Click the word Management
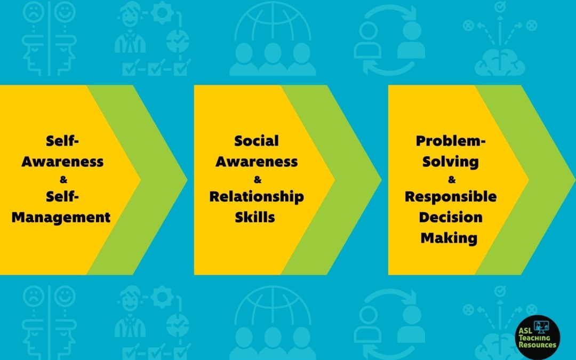[61, 218]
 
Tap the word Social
[257, 141]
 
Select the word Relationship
[257, 197]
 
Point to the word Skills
[255, 217]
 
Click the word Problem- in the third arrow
[451, 141]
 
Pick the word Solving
[450, 162]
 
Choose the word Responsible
[451, 196]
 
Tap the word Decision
[450, 217]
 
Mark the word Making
[449, 238]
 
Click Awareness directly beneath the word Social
[257, 162]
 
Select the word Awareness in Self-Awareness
[62, 162]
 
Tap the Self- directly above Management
[62, 196]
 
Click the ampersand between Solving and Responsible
[452, 180]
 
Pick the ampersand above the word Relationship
[258, 180]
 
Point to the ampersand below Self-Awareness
[63, 180]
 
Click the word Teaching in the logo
[534, 338]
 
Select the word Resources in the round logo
[538, 345]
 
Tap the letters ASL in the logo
[526, 331]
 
